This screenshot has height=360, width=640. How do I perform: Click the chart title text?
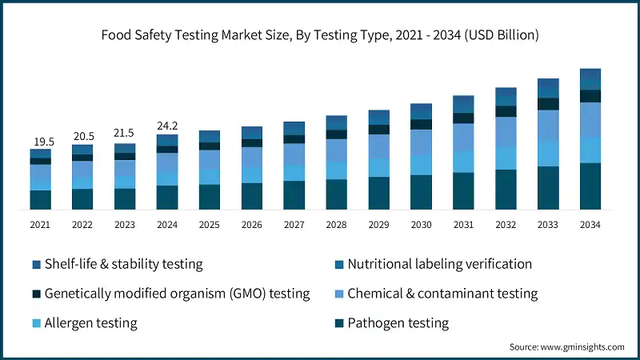320,35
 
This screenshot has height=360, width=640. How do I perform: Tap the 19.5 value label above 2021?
40,142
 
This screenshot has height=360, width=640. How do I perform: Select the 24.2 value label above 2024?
167,126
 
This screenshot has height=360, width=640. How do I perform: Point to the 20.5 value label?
82,137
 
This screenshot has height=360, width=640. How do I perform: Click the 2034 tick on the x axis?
590,226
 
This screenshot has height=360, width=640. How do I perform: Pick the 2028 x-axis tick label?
336,226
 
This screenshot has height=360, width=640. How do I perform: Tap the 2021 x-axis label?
40,226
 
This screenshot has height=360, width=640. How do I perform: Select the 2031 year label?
463,226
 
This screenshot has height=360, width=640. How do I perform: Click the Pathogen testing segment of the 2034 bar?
590,186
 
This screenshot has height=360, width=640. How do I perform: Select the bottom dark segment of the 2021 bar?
40,199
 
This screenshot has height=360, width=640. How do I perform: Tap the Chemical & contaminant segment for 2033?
548,125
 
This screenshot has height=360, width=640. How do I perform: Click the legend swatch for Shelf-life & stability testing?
37,265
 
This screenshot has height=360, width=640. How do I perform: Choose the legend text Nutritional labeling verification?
439,264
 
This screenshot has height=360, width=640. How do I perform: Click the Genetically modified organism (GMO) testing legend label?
177,294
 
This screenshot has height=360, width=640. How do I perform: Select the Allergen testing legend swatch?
37,323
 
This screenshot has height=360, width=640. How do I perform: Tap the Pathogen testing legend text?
398,323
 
